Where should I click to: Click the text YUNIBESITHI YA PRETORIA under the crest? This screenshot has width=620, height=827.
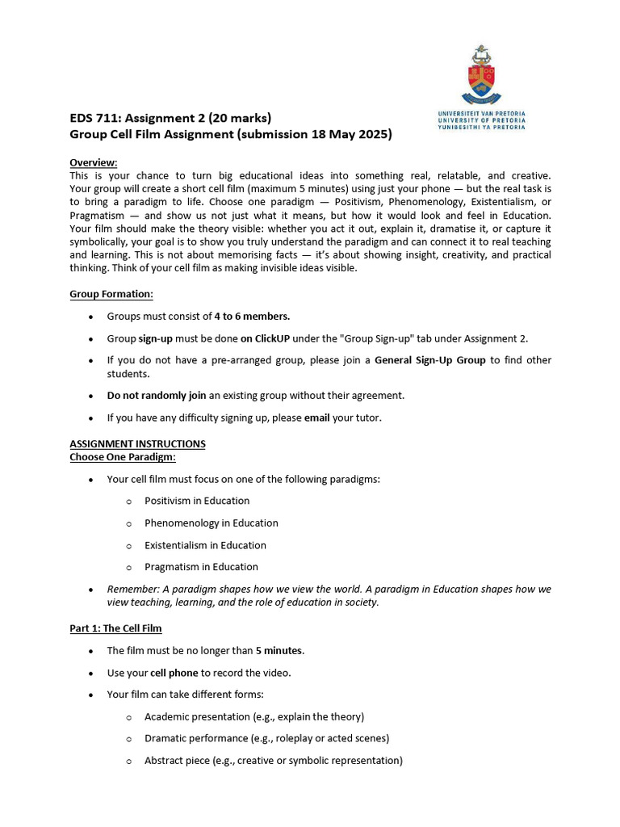click(481, 127)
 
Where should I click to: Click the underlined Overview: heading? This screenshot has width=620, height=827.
click(94, 162)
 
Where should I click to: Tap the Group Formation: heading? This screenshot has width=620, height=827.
click(111, 294)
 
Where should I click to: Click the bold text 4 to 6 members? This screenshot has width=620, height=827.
click(252, 317)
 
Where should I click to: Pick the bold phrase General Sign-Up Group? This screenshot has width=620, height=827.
click(430, 360)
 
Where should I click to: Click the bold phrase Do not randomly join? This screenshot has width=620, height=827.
click(157, 396)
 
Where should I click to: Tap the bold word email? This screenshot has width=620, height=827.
click(317, 418)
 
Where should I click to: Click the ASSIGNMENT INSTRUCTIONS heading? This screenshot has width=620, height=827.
click(137, 444)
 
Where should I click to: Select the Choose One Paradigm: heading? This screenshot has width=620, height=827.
click(123, 457)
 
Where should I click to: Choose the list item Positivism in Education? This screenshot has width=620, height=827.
click(197, 501)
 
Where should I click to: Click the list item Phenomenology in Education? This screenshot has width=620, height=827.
click(212, 523)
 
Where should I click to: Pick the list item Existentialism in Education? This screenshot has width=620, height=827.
click(205, 545)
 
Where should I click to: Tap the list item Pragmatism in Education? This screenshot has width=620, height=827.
click(201, 567)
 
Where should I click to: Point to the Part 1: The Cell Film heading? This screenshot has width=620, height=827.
click(116, 628)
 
